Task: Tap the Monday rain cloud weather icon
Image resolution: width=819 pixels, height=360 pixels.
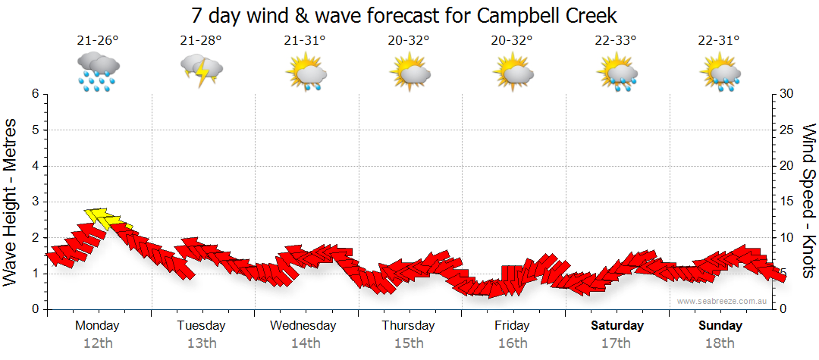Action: click(98, 71)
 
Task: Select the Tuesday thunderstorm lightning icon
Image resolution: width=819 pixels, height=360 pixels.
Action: click(201, 70)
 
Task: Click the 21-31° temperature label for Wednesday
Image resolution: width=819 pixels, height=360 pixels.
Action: click(305, 40)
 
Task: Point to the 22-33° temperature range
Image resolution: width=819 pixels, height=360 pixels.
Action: click(616, 40)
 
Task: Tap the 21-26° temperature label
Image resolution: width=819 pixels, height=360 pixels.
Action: click(98, 40)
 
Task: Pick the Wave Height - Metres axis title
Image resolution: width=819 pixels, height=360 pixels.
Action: click(12, 201)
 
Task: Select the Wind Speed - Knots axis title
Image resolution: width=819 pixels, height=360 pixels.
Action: click(807, 201)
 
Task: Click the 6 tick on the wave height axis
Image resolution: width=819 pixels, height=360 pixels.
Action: click(34, 94)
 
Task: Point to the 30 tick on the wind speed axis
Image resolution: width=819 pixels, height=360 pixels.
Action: click(786, 94)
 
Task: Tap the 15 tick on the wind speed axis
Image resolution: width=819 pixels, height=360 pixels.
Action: click(786, 202)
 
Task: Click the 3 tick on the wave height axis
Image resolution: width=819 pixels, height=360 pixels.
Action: click(34, 202)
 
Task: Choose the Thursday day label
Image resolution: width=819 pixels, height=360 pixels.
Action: click(409, 326)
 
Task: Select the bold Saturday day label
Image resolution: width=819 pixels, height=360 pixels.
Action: click(617, 326)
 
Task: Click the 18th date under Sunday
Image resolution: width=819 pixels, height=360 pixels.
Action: click(720, 343)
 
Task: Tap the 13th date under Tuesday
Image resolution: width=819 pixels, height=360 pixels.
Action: click(201, 343)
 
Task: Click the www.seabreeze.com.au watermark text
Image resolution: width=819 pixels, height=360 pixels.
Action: click(723, 301)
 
